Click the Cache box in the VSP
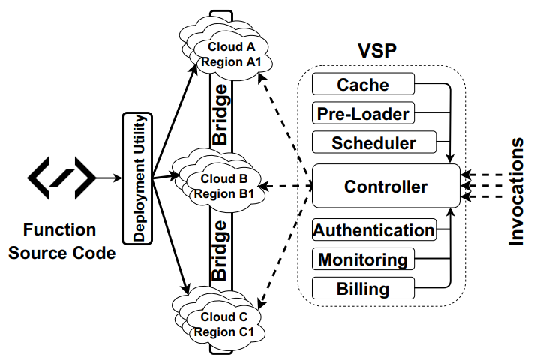[363, 84]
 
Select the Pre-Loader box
[363, 113]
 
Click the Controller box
[385, 186]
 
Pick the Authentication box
[373, 230]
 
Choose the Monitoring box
[363, 259]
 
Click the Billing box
[363, 289]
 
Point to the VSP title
[378, 51]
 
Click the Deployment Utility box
[137, 178]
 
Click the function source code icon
[61, 177]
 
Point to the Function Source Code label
[61, 241]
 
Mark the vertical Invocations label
[517, 191]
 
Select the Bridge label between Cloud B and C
[220, 250]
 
